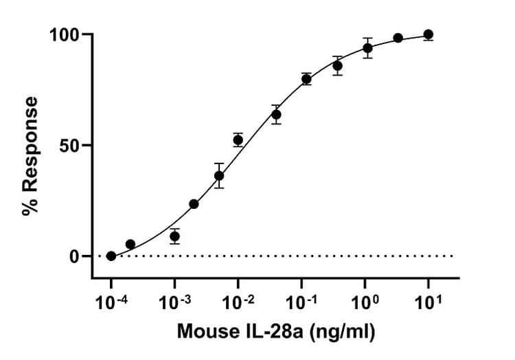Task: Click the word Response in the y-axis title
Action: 30,148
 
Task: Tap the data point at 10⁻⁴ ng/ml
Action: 111,256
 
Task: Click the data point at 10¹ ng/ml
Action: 428,34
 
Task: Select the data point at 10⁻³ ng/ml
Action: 175,236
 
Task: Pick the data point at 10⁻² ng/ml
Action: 238,140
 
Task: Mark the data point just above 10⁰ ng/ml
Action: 368,48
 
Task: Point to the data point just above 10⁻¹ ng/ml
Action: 306,79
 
